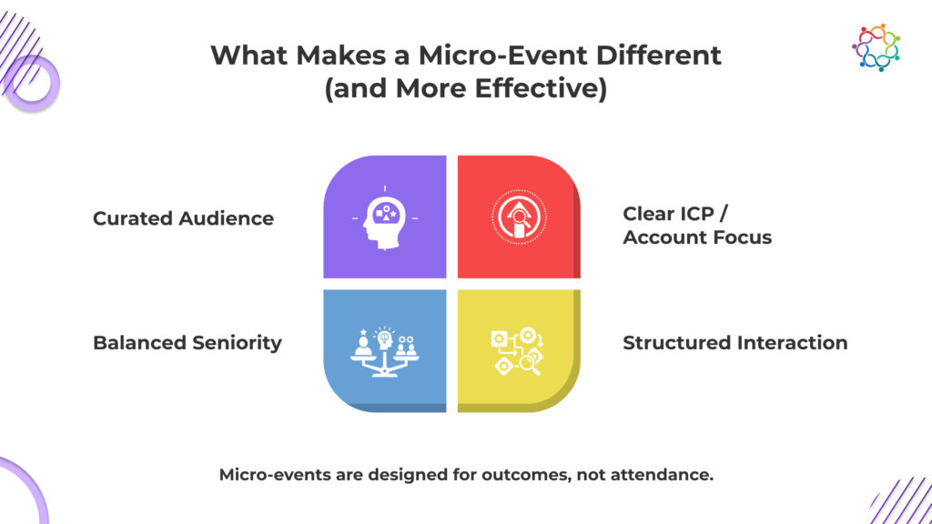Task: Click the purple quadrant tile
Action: pos(385,217)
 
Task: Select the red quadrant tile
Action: pos(519,217)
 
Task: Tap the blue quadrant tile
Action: pos(385,350)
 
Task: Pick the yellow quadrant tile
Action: pos(519,350)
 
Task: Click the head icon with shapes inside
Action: pos(385,218)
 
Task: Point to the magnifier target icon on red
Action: pos(519,217)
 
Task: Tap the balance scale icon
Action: pos(385,351)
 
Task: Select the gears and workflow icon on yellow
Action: pos(517,351)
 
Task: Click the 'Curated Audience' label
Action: pos(183,218)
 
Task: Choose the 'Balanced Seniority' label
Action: pos(187,343)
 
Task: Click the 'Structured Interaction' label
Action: pos(735,343)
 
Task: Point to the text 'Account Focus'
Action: pos(697,237)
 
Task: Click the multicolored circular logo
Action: pos(876,47)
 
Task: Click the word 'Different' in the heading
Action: pos(659,55)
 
